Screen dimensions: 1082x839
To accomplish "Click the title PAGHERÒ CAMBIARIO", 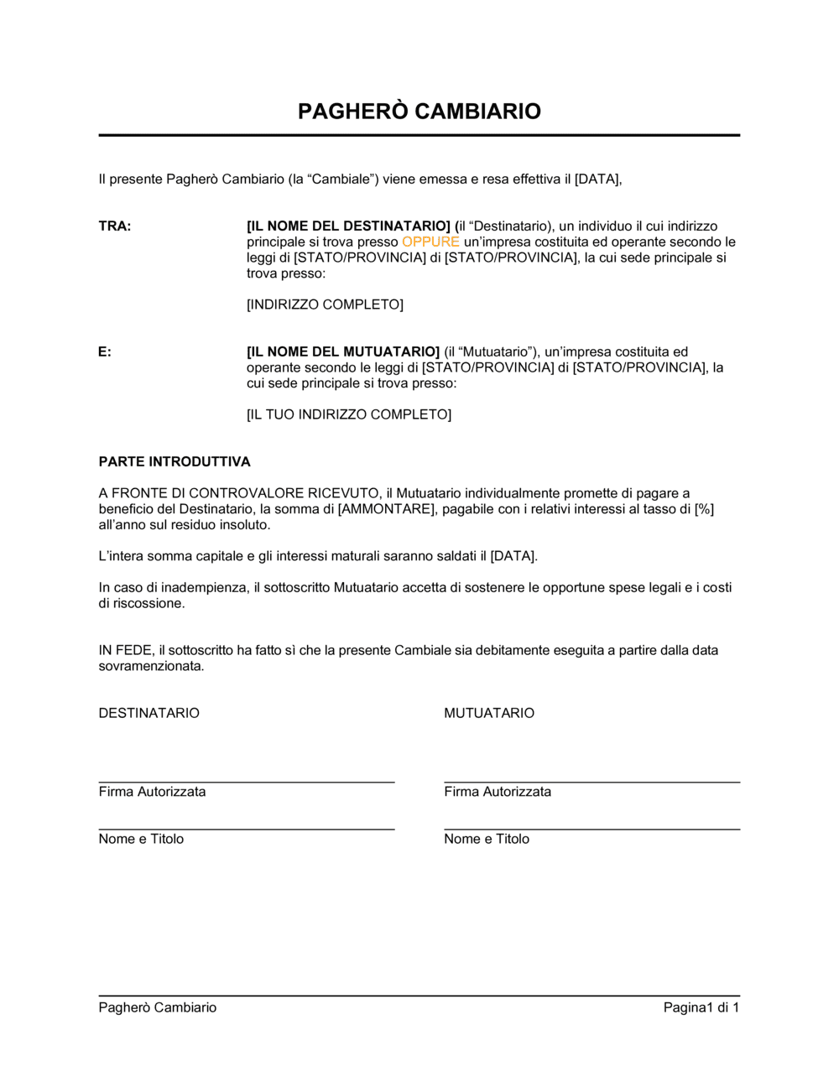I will pos(419,112).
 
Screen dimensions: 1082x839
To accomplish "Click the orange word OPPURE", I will pos(430,242).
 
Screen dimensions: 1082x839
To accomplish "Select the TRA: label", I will pos(115,226).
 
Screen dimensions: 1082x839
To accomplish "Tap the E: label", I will pos(105,352).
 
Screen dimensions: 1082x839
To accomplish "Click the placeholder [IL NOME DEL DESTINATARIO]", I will pos(348,226).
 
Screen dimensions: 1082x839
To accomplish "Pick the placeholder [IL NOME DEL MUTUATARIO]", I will pos(342,352).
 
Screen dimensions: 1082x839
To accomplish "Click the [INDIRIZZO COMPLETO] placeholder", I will pos(325,304).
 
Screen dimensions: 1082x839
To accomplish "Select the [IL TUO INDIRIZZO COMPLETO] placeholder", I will pos(348,414).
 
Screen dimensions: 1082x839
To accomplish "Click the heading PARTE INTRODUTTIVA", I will pos(175,462).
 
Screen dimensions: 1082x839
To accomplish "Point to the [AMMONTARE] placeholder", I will pos(386,509).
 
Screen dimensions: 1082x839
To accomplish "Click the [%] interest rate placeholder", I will pos(704,509).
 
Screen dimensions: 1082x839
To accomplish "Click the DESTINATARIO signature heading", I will pos(149,714).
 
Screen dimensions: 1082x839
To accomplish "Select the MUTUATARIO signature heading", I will pos(489,714).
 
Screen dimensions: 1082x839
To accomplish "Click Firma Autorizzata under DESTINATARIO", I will pos(152,792).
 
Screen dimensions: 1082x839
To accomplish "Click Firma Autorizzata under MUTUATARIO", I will pos(498,792).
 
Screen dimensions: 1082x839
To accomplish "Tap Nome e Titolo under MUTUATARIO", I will pos(487,839).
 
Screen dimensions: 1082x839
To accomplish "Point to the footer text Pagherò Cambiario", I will pos(158,1007).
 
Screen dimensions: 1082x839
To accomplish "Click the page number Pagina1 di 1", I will pos(701,1007).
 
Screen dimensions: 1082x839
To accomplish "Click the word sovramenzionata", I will pos(151,667).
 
